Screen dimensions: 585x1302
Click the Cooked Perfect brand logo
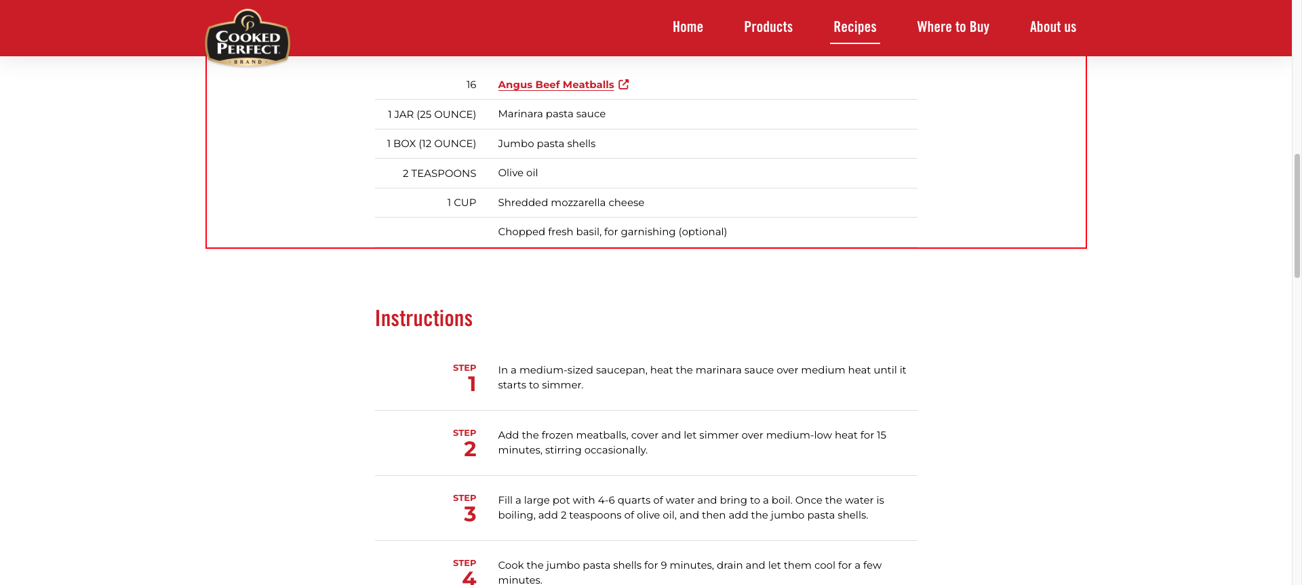click(248, 39)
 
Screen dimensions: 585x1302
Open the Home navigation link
click(688, 27)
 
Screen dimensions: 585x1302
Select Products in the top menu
click(768, 27)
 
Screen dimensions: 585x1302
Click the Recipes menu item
click(854, 27)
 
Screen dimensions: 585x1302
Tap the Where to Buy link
click(953, 27)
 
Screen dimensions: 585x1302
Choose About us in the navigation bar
click(1052, 27)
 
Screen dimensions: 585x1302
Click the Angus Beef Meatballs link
click(555, 85)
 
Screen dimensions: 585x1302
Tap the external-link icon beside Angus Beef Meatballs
click(624, 84)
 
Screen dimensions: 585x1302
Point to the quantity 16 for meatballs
click(471, 85)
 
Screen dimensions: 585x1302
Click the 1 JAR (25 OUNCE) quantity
click(431, 115)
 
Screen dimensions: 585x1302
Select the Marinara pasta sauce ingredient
click(551, 114)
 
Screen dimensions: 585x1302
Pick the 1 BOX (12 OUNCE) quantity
click(431, 144)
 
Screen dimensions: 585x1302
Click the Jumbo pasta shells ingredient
click(547, 144)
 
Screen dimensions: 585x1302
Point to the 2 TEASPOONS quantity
click(439, 174)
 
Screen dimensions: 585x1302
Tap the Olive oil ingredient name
click(517, 173)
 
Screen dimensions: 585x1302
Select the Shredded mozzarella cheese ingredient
click(571, 203)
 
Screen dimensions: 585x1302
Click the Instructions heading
click(424, 319)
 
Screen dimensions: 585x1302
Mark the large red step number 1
click(471, 384)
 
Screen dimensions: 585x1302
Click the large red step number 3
click(470, 515)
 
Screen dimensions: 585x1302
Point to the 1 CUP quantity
click(461, 203)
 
